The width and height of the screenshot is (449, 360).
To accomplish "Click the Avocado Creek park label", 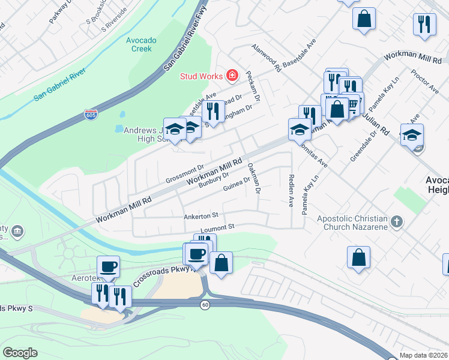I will pyautogui.click(x=141, y=44).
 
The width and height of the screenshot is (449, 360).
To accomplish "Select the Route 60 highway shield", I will pyautogui.click(x=205, y=305).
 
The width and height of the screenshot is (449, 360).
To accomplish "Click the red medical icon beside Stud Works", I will pyautogui.click(x=232, y=76).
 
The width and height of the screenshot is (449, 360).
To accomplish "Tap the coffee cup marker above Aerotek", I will pyautogui.click(x=108, y=267).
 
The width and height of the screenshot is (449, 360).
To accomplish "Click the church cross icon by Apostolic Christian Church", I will pyautogui.click(x=396, y=223).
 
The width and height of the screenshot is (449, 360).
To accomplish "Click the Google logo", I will pyautogui.click(x=20, y=353).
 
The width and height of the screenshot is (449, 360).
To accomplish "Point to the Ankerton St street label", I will pyautogui.click(x=201, y=215).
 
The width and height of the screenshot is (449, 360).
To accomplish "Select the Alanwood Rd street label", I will pyautogui.click(x=267, y=58).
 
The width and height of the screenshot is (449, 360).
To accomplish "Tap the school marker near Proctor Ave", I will pyautogui.click(x=412, y=136).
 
